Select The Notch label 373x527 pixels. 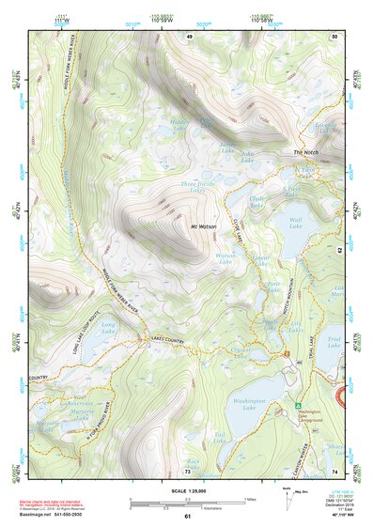[306, 152]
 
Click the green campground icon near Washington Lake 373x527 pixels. [287, 406]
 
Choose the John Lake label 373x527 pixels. [248, 156]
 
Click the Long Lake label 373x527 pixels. [107, 329]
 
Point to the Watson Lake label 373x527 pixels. [225, 258]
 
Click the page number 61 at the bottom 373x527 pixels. [187, 517]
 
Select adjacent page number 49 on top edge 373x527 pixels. [189, 36]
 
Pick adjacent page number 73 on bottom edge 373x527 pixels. [187, 471]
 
